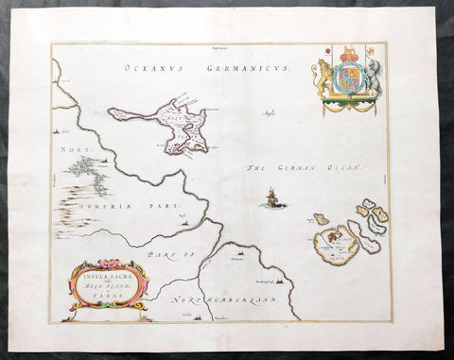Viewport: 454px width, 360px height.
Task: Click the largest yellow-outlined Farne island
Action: point(333,245)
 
